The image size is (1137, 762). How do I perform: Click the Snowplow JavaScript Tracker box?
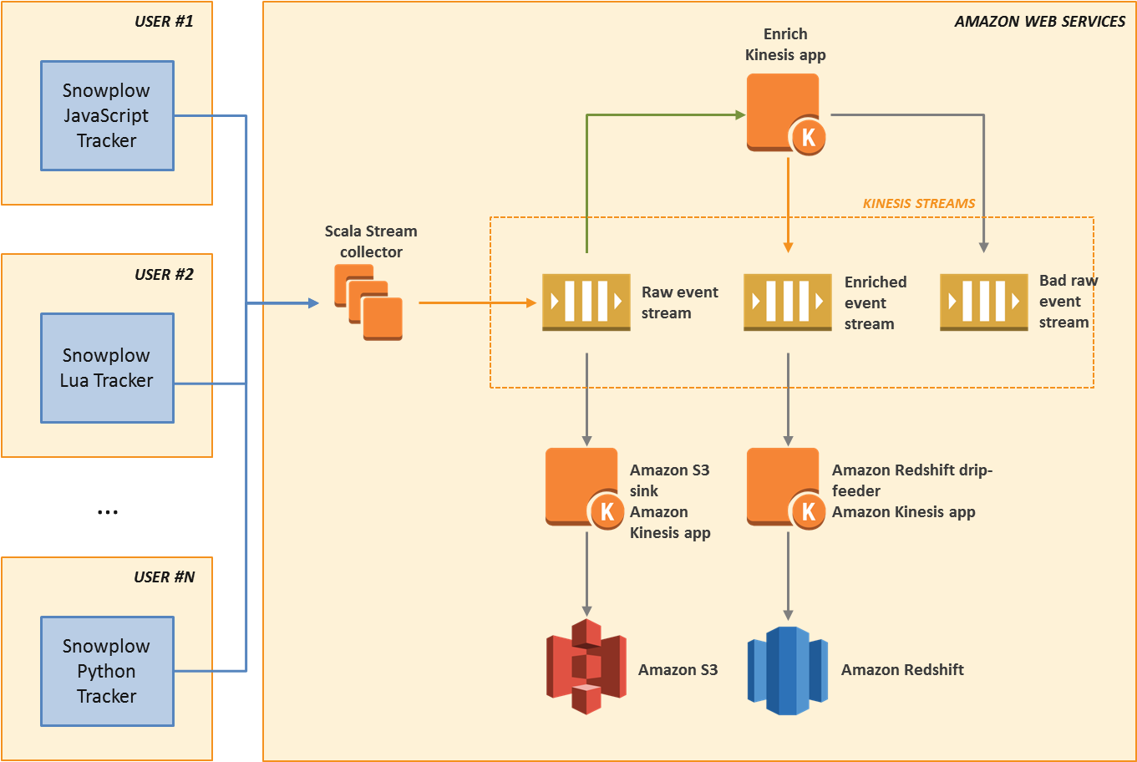point(107,115)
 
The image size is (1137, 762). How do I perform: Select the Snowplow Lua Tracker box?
point(107,368)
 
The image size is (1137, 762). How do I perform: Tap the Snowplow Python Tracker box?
point(107,671)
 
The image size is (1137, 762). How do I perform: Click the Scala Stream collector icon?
point(368,302)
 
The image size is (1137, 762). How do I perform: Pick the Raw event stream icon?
point(586,302)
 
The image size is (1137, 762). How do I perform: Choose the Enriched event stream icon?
point(787,302)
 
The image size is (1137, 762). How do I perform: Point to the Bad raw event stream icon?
point(983,302)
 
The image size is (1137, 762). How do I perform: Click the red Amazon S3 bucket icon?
point(586,667)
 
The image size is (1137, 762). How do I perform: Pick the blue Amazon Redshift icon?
point(787,670)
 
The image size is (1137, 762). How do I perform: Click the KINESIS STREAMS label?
point(919,203)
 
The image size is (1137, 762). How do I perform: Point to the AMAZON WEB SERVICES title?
point(1039,22)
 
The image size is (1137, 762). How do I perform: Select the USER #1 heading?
point(164,22)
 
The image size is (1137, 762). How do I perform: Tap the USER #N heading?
point(164,577)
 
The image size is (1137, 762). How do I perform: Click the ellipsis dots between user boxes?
point(107,511)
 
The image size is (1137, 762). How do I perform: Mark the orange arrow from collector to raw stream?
point(476,302)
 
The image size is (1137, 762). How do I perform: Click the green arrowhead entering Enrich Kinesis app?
point(740,115)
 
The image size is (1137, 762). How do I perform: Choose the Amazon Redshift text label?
point(902,669)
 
